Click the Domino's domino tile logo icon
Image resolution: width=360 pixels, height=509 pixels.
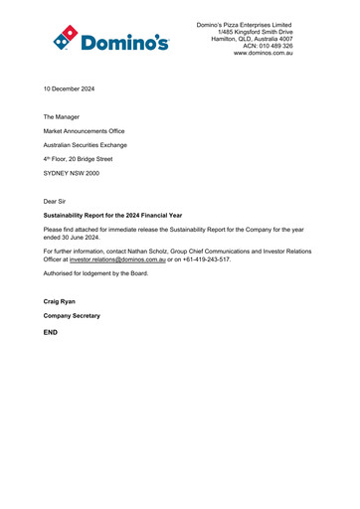tap(65, 36)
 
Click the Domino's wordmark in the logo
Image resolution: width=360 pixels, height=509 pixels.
tap(125, 42)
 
